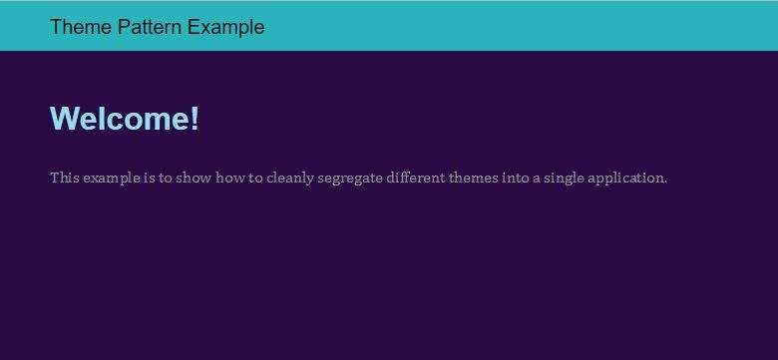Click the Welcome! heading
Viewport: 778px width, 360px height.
125,119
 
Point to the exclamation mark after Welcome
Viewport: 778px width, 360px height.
195,119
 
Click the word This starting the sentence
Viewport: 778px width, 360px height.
64,178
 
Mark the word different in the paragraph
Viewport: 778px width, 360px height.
417,178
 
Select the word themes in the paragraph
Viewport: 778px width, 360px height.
475,178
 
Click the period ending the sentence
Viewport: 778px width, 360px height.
665,181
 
